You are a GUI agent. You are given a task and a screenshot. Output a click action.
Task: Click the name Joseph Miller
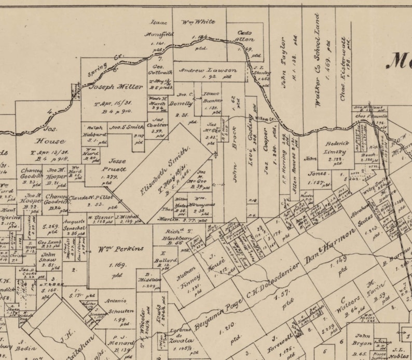coord(109,87)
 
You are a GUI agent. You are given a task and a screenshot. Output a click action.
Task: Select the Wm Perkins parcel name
coord(121,249)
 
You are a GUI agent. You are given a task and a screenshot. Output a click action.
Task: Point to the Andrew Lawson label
coord(208,70)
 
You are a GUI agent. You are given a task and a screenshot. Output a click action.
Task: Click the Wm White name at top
coord(198,22)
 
